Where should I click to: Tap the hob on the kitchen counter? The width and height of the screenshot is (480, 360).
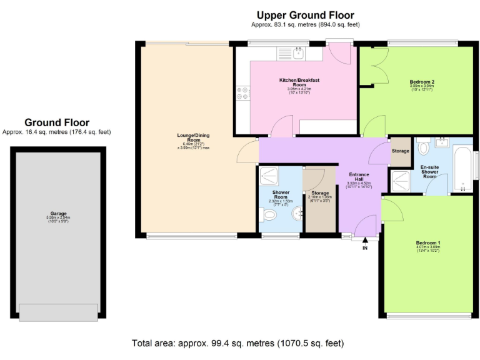click(242, 92)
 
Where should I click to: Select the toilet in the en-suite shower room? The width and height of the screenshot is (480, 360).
click(423, 147)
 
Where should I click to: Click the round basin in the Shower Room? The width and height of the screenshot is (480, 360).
click(297, 214)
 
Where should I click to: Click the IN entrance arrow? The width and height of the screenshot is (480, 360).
click(365, 241)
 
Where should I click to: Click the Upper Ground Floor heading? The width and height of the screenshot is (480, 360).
click(305, 15)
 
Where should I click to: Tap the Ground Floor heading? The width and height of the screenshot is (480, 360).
click(57, 122)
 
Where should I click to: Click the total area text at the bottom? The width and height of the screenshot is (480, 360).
click(237, 343)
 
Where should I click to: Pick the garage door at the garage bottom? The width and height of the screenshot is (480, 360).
click(58, 311)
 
